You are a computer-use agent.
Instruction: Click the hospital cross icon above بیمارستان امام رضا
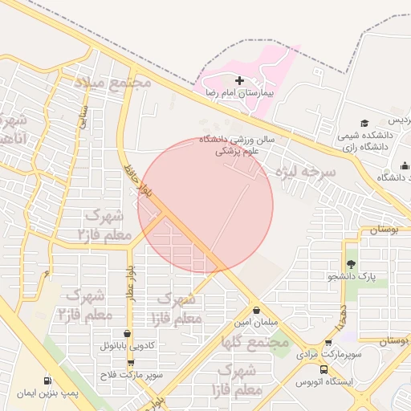[240, 80]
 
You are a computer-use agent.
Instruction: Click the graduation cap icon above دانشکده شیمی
[365, 124]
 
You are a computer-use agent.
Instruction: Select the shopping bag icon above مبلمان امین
[256, 310]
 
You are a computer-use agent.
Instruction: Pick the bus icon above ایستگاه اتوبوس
[324, 370]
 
